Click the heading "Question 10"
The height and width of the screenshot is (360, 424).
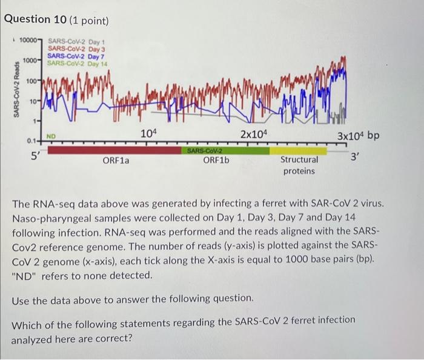pyautogui.click(x=38, y=20)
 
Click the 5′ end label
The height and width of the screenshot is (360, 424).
pyautogui.click(x=37, y=154)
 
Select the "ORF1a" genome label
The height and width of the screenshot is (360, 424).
pyautogui.click(x=116, y=161)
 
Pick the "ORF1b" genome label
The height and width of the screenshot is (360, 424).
pyautogui.click(x=216, y=160)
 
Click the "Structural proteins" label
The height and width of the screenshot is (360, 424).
pyautogui.click(x=299, y=165)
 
